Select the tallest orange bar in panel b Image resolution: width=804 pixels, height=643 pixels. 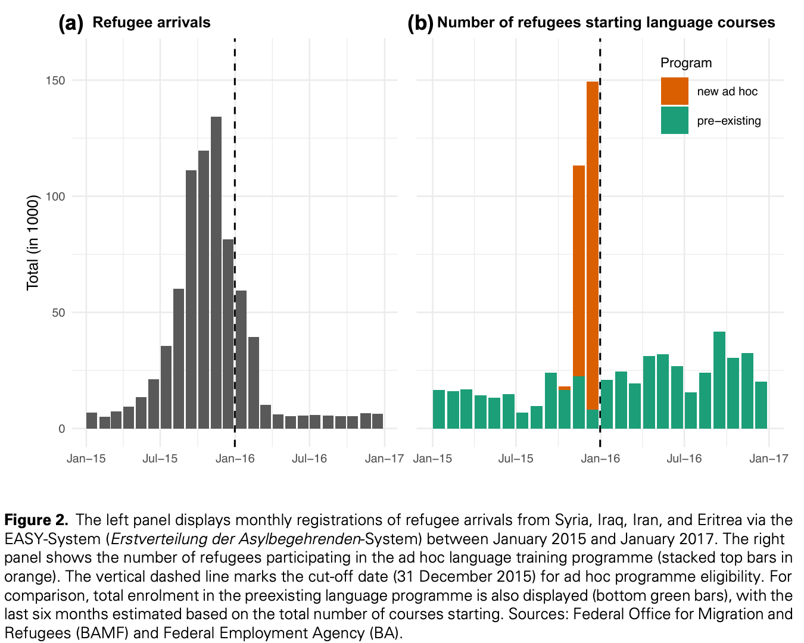coord(593,244)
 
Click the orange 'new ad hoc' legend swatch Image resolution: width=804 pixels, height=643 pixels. coord(674,91)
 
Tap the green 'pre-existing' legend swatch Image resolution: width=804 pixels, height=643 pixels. coord(674,120)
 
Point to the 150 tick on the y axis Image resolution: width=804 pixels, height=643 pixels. coord(55,80)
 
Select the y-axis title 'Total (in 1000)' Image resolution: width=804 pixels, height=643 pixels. coord(33,242)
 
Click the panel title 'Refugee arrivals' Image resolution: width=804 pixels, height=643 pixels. coord(151,23)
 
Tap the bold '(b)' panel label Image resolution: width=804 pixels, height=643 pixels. coord(420,23)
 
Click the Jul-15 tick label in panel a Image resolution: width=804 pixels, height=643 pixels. coord(160,458)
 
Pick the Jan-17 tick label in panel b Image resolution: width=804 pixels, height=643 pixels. coord(769,458)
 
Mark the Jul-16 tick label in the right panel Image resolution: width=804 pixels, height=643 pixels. coord(684,458)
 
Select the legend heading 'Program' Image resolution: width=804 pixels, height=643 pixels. coord(686,63)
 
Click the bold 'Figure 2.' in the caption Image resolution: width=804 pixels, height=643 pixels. coord(36,520)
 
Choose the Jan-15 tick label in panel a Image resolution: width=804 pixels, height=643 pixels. coord(86,458)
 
